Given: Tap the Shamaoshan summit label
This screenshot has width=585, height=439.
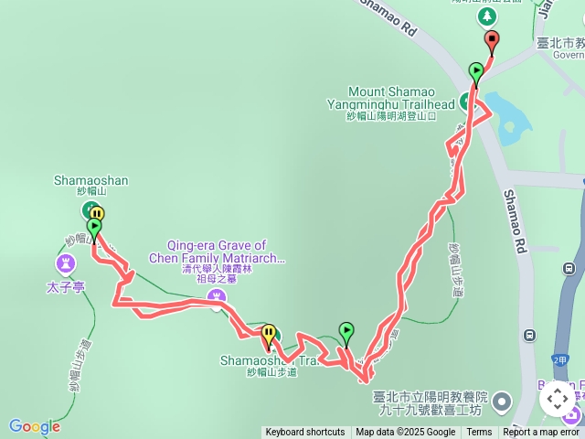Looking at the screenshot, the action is click(x=90, y=181).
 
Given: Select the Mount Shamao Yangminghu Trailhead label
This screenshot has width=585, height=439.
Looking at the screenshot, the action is click(x=401, y=98).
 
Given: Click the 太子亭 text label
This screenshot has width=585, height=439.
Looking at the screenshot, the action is click(x=66, y=287).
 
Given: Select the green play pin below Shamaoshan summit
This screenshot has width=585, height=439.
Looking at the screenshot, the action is click(x=93, y=229).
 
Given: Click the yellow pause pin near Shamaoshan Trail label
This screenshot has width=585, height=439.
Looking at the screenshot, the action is click(x=269, y=334).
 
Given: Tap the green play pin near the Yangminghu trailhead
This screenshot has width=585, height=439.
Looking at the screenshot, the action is click(x=475, y=72).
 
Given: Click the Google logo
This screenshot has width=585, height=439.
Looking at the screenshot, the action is click(x=34, y=426).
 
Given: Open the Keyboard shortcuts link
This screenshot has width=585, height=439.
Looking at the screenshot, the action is click(x=305, y=433).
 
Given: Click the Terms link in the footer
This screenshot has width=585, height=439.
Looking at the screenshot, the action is click(x=479, y=433).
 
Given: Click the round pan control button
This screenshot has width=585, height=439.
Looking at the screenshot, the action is click(x=558, y=400).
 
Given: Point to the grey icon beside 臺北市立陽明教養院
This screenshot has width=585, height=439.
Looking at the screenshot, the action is click(x=502, y=401).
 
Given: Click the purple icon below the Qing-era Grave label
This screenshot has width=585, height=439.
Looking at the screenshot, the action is click(x=217, y=295).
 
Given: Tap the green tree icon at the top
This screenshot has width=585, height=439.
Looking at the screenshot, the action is click(x=486, y=16).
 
